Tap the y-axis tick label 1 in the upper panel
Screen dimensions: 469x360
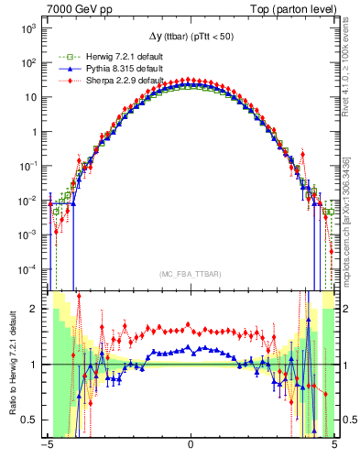(32, 132)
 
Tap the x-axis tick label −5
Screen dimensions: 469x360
(46, 447)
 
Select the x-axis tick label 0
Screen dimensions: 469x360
(190, 447)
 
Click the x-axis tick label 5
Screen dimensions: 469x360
(333, 447)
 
